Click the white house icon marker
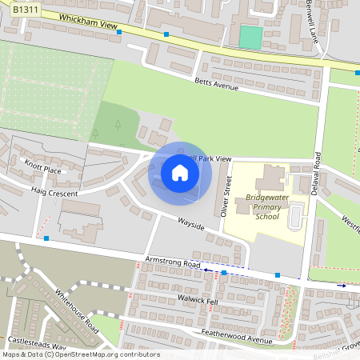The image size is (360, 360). (180, 172)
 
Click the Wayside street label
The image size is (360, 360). (191, 223)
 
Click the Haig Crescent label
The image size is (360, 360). (54, 194)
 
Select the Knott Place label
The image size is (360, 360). (42, 169)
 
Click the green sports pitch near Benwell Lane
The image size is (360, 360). (251, 37)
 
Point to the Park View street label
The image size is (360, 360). (210, 160)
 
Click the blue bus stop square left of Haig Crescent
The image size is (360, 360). (46, 238)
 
